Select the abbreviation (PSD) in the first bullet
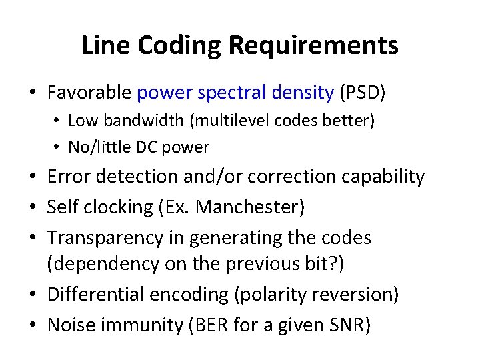363,92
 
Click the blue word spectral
231,92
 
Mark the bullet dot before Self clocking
33,208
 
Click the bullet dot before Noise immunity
33,326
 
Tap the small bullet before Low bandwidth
59,121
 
